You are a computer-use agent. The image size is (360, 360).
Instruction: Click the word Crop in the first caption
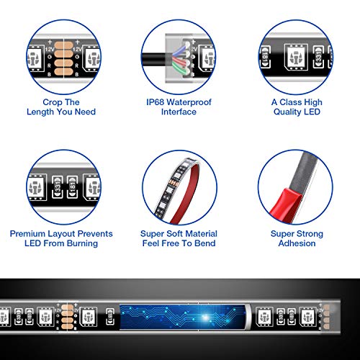click(52, 102)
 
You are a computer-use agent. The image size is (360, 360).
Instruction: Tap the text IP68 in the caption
click(155, 102)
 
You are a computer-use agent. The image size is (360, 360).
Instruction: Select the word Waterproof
click(189, 102)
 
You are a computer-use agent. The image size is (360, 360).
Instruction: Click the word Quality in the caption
click(287, 112)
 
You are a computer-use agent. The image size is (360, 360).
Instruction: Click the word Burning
click(82, 243)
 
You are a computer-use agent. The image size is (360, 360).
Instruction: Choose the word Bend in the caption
click(204, 243)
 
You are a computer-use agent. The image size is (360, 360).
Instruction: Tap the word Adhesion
click(297, 243)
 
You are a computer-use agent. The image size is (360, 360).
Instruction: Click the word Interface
click(179, 112)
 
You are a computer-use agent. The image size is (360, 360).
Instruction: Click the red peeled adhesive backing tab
click(286, 202)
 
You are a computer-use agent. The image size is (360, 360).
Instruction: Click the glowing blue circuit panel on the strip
click(182, 317)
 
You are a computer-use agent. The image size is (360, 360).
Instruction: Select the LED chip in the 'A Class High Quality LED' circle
click(296, 58)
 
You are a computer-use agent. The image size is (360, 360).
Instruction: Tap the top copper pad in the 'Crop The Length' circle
click(63, 45)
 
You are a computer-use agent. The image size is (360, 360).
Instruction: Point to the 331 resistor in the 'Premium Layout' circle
click(58, 187)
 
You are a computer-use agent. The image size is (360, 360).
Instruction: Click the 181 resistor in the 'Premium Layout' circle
click(72, 187)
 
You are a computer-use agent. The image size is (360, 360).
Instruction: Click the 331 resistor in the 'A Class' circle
click(319, 57)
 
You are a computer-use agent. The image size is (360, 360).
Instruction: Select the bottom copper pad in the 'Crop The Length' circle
click(63, 72)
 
